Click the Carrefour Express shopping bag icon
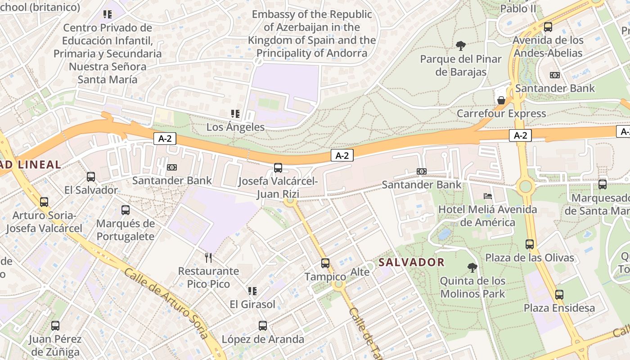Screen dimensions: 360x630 [501, 100]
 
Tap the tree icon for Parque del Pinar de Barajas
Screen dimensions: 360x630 [460, 45]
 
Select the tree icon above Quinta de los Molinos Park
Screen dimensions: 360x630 [472, 268]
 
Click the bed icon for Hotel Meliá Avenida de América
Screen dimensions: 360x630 [487, 196]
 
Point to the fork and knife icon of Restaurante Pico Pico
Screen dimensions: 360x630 [208, 258]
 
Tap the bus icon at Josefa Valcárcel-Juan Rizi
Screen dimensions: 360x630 [278, 168]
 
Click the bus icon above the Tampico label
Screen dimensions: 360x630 [325, 263]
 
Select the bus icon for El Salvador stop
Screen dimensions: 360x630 [91, 177]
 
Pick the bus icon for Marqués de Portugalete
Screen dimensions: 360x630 [126, 210]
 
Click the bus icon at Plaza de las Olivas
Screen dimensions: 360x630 [530, 244]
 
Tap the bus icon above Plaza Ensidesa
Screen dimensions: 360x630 [559, 295]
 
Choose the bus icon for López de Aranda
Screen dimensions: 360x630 [263, 326]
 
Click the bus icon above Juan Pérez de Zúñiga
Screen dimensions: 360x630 [55, 326]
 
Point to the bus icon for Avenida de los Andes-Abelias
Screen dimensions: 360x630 [548, 27]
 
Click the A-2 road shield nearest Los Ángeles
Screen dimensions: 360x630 [165, 139]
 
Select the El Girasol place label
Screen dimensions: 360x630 [252, 304]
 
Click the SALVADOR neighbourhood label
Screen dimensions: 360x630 [411, 262]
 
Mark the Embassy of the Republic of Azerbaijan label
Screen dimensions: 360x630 [312, 34]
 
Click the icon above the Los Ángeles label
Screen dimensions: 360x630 [235, 114]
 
